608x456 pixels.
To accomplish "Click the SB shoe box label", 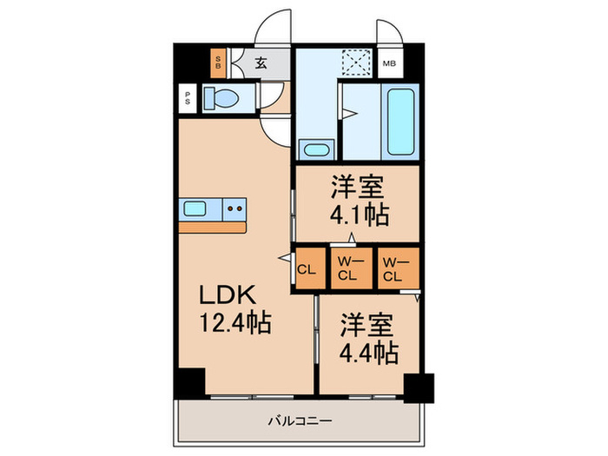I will point(218,63).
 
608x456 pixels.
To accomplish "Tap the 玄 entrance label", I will point(261,63).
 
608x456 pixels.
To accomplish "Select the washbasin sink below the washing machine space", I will point(316,149).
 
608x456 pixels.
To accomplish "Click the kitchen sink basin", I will point(195,208).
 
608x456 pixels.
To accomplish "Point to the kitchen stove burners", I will point(233,208).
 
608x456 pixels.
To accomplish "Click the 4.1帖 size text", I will point(358,213).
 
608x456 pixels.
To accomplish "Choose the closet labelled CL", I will point(307,268).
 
